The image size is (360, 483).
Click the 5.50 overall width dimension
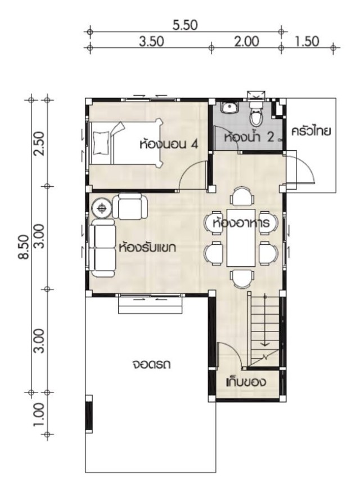(x=184, y=25)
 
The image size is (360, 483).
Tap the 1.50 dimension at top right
(x=307, y=41)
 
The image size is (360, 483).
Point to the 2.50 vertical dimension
(x=40, y=144)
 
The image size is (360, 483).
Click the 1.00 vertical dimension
(x=40, y=414)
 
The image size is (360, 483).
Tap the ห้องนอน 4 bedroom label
(x=168, y=144)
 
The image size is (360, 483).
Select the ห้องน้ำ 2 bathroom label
(x=249, y=137)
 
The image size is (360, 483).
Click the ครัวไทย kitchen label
(x=311, y=131)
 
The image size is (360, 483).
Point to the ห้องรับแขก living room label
(x=147, y=247)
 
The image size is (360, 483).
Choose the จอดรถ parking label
(x=152, y=364)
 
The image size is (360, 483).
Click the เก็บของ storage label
(x=246, y=382)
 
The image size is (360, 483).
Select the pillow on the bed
(x=101, y=142)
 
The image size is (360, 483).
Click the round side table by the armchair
(x=102, y=208)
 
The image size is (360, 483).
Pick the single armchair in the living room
(x=129, y=206)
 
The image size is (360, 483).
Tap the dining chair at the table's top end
(x=243, y=196)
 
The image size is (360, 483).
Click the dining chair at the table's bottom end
(x=243, y=279)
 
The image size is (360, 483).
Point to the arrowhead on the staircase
(x=264, y=344)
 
